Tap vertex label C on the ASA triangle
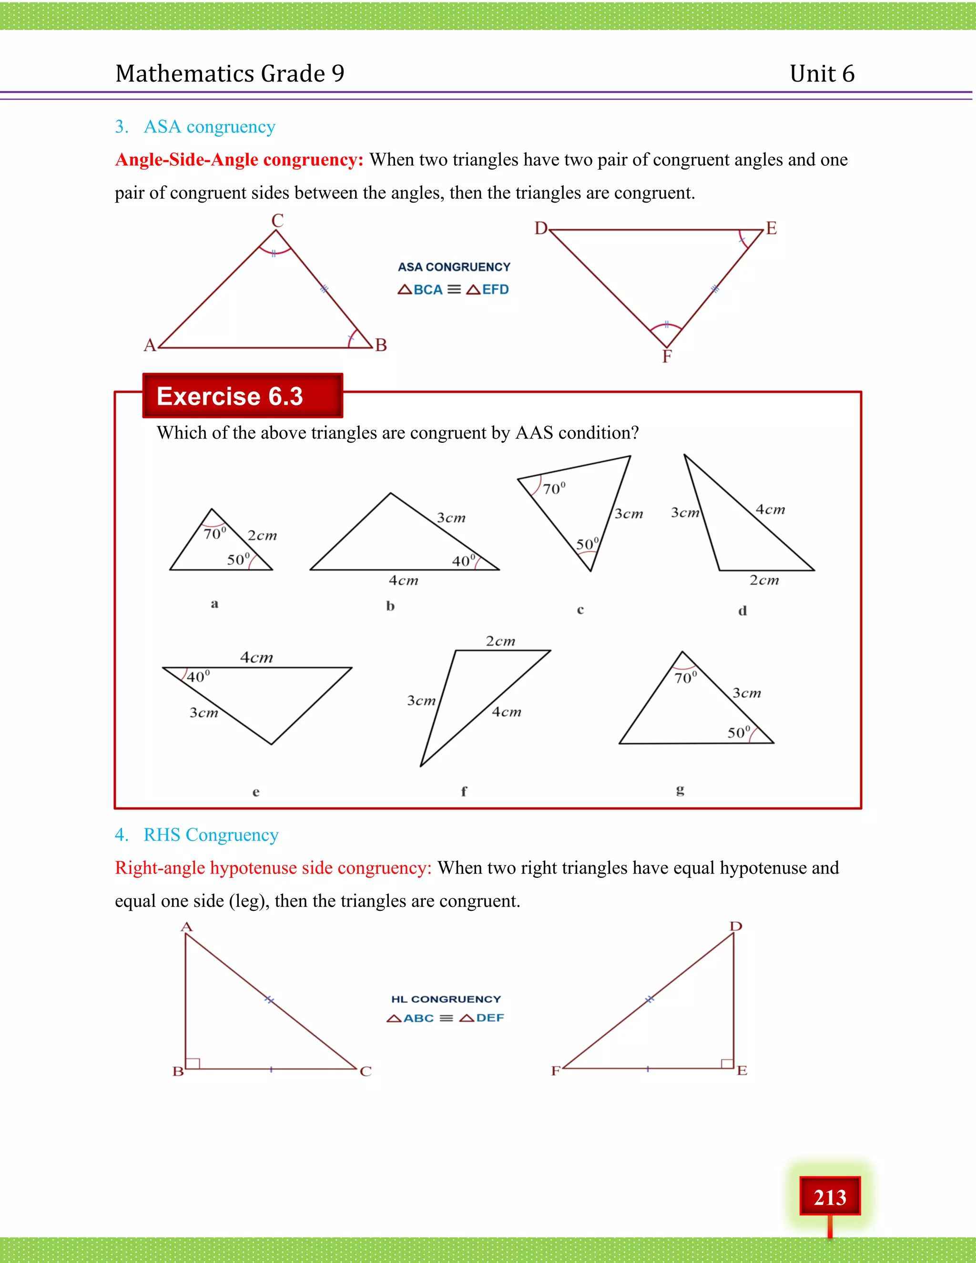tap(277, 220)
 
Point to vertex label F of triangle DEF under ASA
tap(667, 356)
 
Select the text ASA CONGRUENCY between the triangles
tap(454, 266)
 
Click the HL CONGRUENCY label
tap(446, 998)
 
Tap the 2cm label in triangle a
tap(262, 536)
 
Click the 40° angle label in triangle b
tap(463, 560)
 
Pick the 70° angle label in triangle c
tap(553, 489)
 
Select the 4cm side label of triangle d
tap(770, 509)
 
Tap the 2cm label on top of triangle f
tap(500, 641)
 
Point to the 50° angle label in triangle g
tap(738, 733)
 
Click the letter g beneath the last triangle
tap(680, 789)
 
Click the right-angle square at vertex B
tap(193, 1062)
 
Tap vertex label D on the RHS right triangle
tap(735, 926)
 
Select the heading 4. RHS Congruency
tap(197, 835)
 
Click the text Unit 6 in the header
tap(822, 73)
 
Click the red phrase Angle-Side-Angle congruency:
tap(239, 160)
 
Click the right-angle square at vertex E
tap(727, 1062)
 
